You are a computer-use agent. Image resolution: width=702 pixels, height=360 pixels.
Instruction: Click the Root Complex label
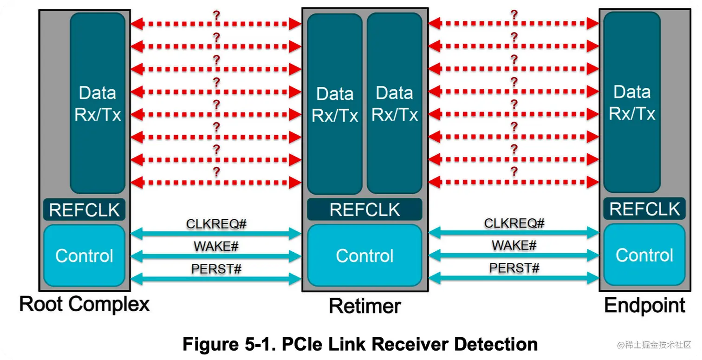84,304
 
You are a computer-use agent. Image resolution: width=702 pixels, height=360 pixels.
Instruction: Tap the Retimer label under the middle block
364,306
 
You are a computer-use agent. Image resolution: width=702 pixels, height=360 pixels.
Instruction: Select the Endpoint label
644,305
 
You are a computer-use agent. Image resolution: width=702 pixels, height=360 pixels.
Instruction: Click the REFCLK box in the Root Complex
84,210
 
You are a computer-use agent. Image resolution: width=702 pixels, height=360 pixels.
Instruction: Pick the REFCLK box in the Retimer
364,209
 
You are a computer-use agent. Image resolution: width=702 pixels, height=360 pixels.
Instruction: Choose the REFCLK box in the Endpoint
644,209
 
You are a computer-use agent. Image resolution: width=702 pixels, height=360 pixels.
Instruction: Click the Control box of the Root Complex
84,255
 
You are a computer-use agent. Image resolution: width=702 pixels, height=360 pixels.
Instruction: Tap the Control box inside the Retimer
364,255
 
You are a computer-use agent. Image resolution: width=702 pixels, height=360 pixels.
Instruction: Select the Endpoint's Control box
644,255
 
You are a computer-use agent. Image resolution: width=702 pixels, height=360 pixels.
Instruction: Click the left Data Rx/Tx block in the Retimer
335,104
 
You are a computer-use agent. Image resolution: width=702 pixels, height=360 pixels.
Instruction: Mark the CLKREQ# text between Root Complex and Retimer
216,224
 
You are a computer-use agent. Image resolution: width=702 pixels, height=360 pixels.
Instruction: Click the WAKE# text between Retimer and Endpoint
514,245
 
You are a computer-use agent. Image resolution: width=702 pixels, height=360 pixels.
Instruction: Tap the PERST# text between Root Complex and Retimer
216,268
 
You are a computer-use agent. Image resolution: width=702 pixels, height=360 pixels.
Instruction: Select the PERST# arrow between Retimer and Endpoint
513,278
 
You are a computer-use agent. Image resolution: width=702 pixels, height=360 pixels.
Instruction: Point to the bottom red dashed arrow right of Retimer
513,182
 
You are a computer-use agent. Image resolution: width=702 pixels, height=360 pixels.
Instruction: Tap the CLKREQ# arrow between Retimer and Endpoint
513,233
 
